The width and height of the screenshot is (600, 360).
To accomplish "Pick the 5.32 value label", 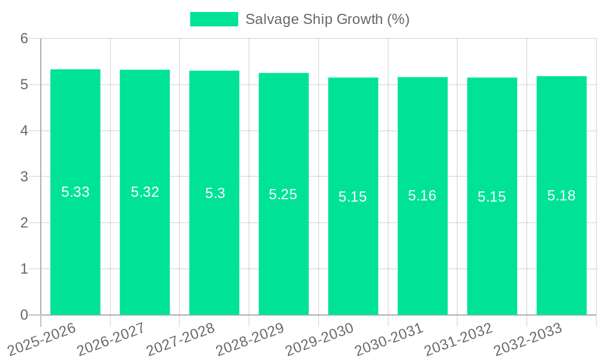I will click(145, 192).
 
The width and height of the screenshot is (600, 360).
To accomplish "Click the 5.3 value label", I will click(215, 193).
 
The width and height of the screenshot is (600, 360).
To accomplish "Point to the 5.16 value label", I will click(422, 196).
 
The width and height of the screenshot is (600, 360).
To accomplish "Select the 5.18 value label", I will click(562, 196).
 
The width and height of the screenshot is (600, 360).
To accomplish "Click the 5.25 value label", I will click(283, 194).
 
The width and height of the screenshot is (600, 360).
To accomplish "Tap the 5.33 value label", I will click(76, 192).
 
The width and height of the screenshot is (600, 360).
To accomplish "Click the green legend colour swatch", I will click(214, 19).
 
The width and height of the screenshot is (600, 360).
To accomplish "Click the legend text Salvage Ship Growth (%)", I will click(328, 19).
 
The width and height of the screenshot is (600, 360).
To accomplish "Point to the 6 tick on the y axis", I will click(24, 38).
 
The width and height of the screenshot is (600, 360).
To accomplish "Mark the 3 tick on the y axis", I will click(24, 177).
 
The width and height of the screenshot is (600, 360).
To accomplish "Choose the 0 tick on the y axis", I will click(24, 315).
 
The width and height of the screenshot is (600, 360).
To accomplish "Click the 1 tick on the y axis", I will click(24, 269).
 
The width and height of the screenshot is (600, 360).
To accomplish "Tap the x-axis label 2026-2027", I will click(112, 339).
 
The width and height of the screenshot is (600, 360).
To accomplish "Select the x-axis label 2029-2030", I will click(320, 339).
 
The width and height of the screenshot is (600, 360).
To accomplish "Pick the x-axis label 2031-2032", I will click(459, 339).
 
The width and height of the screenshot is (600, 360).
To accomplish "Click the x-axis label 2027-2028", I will click(181, 339).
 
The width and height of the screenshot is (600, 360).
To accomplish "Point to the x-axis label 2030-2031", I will click(389, 339).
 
